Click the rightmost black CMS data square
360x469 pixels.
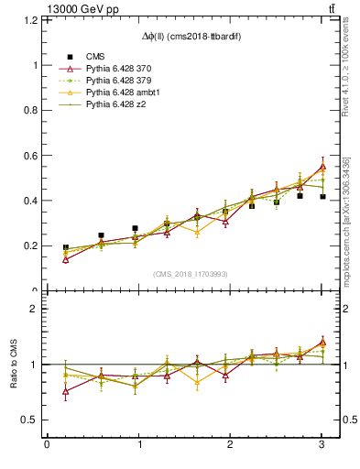pyautogui.click(x=322, y=197)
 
